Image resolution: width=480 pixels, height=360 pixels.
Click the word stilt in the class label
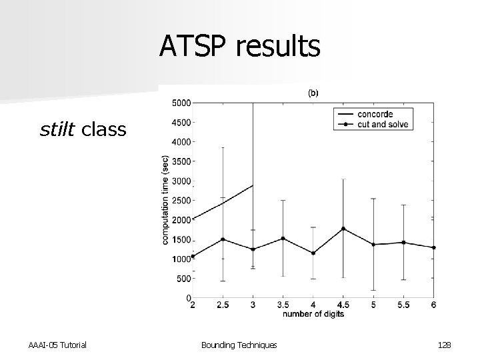point(58,129)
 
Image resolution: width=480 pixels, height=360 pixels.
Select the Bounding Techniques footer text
point(239,344)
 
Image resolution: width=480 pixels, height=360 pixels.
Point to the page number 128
point(445,344)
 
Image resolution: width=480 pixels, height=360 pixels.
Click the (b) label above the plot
point(313,93)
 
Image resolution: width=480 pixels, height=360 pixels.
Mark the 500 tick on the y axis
point(183,279)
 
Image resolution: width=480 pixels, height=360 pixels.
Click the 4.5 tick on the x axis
point(343,306)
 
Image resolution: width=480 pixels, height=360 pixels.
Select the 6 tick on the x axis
point(433,306)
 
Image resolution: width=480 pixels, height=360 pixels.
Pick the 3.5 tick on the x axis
point(283,306)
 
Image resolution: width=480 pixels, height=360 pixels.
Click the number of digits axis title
point(313,314)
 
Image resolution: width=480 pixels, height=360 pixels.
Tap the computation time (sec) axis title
point(165,200)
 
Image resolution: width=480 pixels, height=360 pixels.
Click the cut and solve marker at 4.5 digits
point(343,229)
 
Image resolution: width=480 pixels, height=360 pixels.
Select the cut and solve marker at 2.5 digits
point(223,239)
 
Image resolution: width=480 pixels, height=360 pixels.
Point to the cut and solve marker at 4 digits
point(313,253)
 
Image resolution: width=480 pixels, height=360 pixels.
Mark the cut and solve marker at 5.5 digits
point(403,243)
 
